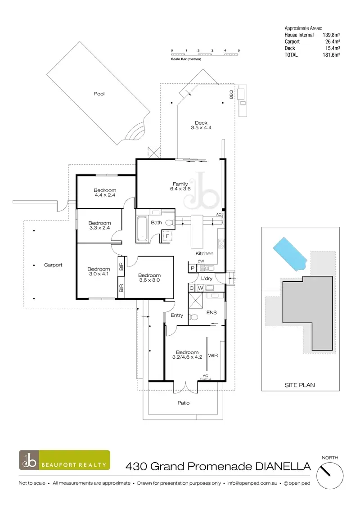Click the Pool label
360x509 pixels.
click(x=99, y=94)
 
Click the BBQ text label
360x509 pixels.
click(x=231, y=95)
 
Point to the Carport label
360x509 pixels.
click(x=53, y=265)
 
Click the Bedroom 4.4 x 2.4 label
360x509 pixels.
click(x=105, y=193)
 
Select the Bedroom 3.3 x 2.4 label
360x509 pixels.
click(x=99, y=225)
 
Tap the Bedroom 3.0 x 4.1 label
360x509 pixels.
click(x=99, y=272)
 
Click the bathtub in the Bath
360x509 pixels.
click(x=142, y=229)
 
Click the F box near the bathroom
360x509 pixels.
click(x=167, y=236)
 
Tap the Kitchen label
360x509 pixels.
click(x=204, y=254)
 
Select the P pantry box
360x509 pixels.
click(x=193, y=268)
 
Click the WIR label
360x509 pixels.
click(x=213, y=355)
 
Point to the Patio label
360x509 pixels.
click(x=183, y=403)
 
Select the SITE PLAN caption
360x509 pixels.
click(x=300, y=385)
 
